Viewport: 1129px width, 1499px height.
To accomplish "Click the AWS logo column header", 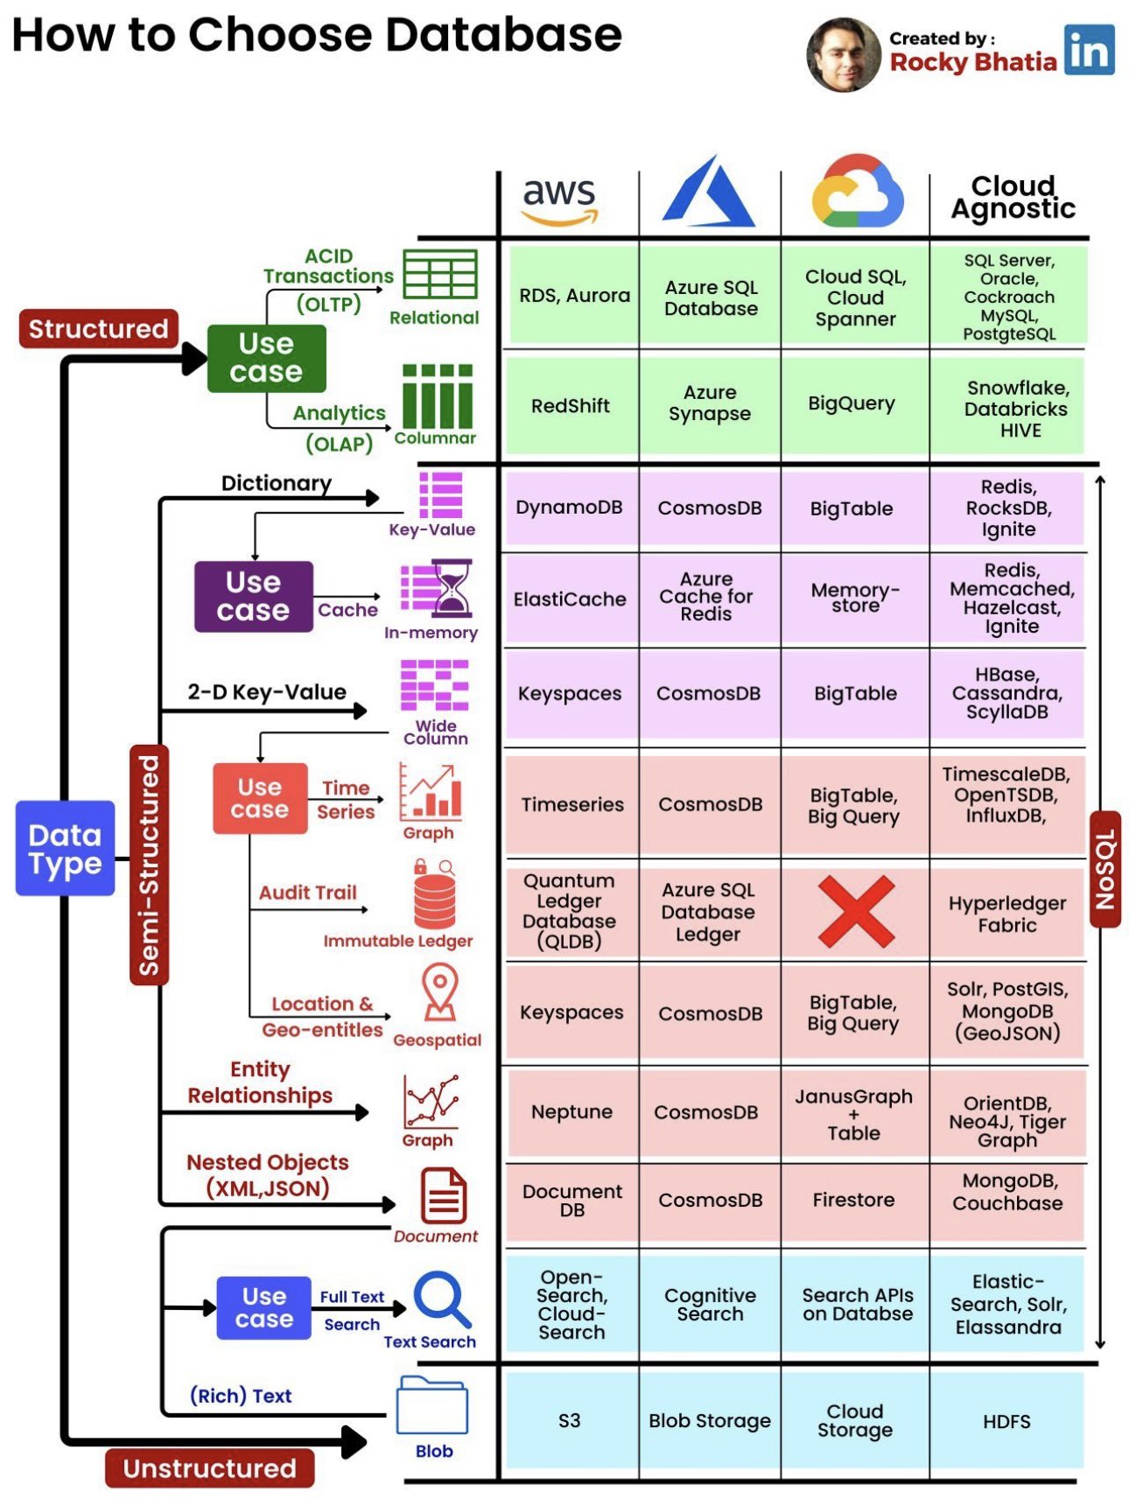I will [x=559, y=200].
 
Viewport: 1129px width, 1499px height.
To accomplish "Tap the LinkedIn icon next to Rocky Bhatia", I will [x=1089, y=50].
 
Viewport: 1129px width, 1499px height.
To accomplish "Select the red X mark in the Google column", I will [x=855, y=912].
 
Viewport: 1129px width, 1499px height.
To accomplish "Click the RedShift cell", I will [x=570, y=405].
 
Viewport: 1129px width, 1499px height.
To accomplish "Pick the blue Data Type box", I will [x=65, y=848].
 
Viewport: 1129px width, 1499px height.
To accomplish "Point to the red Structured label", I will [x=98, y=329].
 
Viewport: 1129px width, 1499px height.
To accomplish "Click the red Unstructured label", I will [x=209, y=1467].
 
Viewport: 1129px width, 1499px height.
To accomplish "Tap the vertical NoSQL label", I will [x=1104, y=869].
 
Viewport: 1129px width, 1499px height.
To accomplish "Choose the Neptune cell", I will [x=572, y=1111].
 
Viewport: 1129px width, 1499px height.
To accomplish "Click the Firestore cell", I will [x=853, y=1200].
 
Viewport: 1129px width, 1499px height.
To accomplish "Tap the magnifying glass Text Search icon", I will [x=441, y=1299].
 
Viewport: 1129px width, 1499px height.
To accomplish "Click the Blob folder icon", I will [x=431, y=1405].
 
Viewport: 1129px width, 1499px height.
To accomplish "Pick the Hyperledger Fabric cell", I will [x=1006, y=914].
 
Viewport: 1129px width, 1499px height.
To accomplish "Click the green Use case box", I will [x=266, y=358].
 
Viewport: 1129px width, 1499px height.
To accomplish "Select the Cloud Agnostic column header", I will [x=1013, y=197].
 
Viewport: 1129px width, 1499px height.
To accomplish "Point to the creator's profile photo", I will [x=843, y=54].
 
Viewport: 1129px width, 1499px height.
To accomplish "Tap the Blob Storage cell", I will [x=709, y=1420].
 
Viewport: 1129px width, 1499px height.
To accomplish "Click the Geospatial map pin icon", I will [x=439, y=992].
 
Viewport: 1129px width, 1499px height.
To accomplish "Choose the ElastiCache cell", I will [x=570, y=599].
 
